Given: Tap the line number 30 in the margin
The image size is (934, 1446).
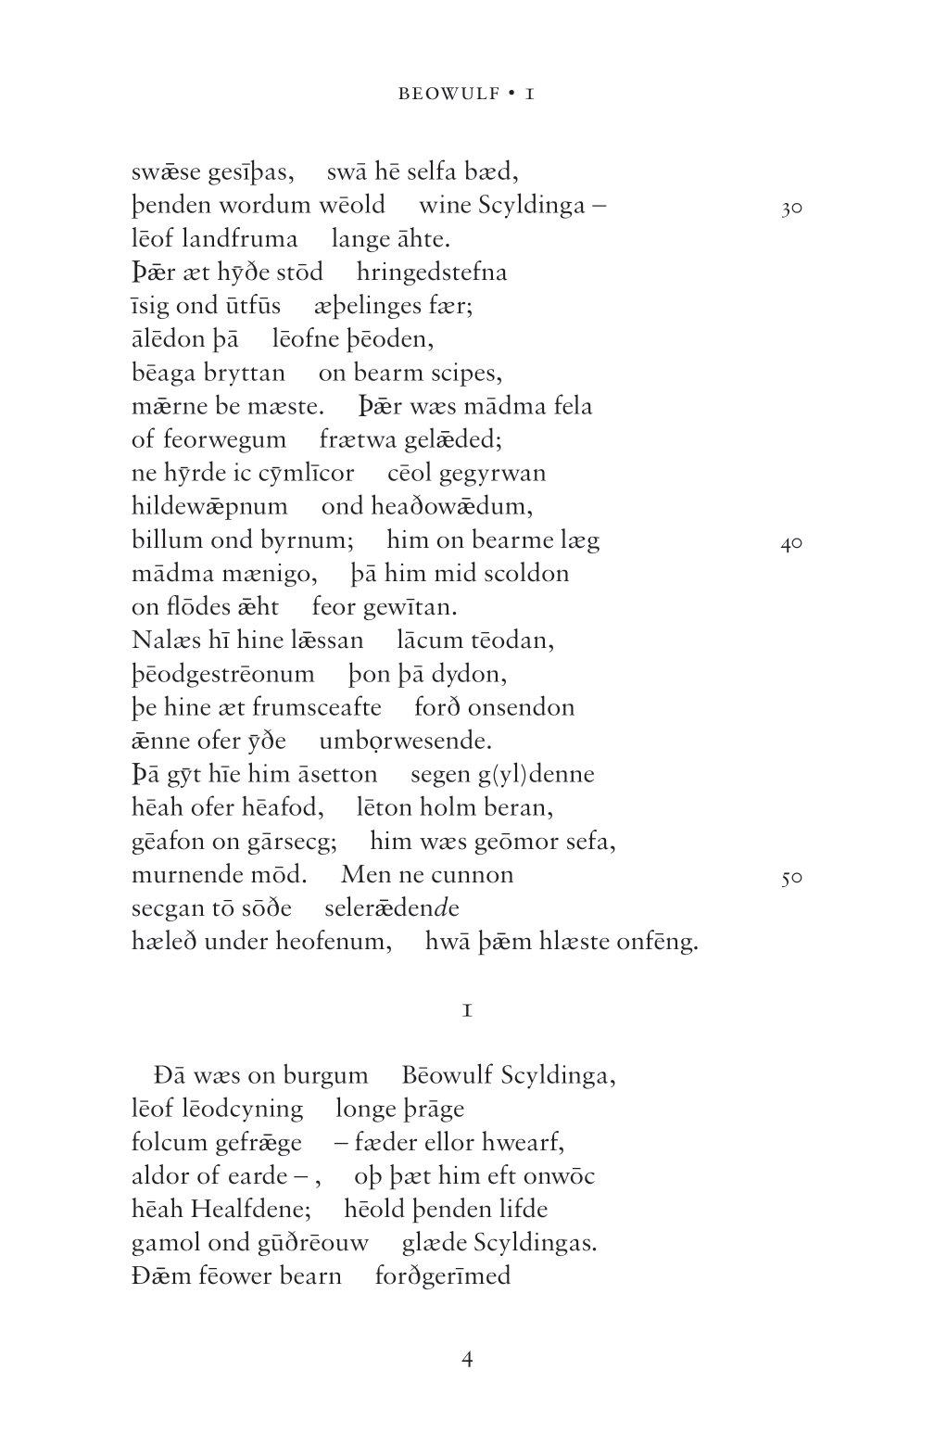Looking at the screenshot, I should tap(790, 209).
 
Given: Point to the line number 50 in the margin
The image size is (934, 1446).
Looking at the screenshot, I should tap(790, 878).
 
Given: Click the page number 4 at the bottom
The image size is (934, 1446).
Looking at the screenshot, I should tap(467, 1359).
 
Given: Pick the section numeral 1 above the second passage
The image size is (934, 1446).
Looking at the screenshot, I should tap(468, 1010).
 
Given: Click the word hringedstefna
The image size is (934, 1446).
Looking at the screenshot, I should tap(432, 273).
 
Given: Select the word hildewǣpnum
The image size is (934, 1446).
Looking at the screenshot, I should tap(209, 507).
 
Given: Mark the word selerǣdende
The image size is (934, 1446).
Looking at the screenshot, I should tap(392, 907).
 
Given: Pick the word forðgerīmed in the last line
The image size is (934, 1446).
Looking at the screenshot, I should tap(443, 1275).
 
